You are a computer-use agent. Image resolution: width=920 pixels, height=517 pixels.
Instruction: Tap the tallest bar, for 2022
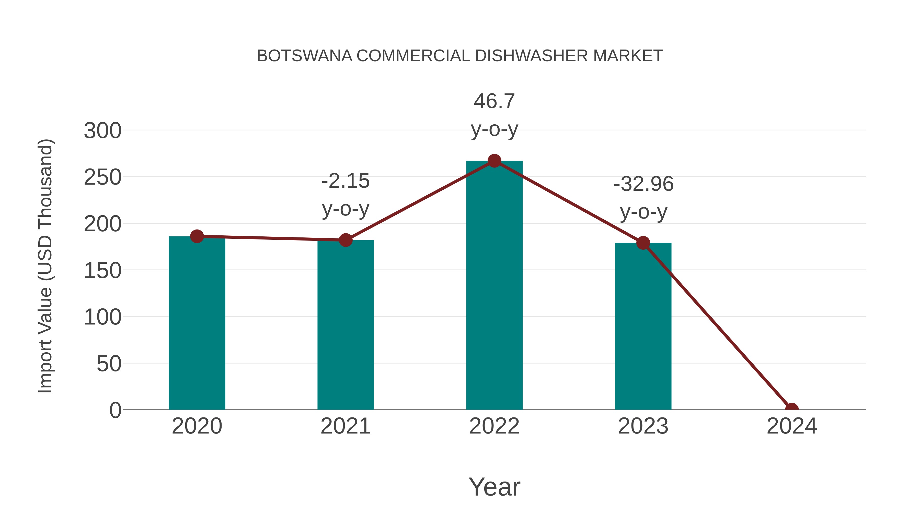click(x=494, y=285)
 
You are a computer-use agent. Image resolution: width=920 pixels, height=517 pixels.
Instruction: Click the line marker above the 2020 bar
click(x=197, y=236)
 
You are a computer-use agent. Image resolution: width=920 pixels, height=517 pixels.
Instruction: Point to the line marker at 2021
click(x=345, y=240)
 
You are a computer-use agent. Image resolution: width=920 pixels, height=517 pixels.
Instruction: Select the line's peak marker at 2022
click(x=494, y=161)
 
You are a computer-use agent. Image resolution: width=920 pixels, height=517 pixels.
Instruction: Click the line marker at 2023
click(x=643, y=243)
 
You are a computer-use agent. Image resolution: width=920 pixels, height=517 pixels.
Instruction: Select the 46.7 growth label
click(x=494, y=101)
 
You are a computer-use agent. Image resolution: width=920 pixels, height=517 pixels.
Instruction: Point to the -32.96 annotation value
click(x=643, y=184)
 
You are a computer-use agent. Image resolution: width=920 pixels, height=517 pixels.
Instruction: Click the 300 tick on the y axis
click(x=102, y=130)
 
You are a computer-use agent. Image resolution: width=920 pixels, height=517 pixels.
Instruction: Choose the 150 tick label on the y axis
click(x=102, y=270)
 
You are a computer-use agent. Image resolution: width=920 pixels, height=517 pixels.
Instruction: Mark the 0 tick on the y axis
click(x=115, y=410)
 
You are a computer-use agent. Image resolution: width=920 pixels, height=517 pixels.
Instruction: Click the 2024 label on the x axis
click(x=791, y=426)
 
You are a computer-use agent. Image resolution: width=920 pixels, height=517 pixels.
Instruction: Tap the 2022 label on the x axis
click(x=494, y=426)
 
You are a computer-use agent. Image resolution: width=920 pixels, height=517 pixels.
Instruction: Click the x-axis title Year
click(x=494, y=487)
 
